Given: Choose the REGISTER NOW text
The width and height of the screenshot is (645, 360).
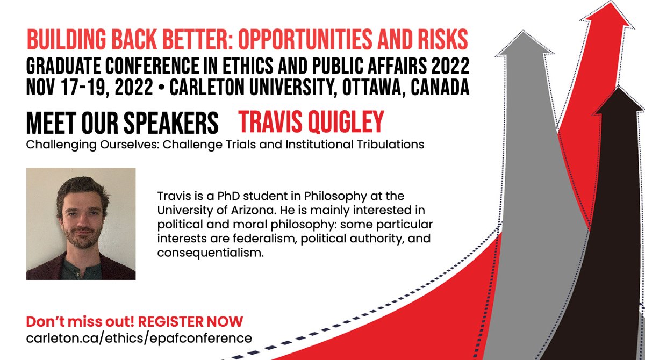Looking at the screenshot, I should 191,322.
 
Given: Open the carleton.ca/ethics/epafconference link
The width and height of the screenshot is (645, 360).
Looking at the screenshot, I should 139,338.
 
